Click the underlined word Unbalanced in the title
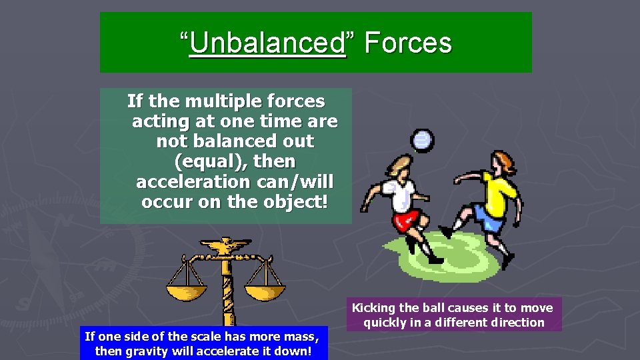[267, 43]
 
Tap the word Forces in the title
[408, 43]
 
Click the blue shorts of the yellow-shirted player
[491, 218]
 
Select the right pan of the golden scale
[265, 291]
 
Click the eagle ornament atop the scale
[227, 247]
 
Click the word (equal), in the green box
[234, 161]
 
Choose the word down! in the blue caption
[295, 351]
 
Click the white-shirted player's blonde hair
[398, 165]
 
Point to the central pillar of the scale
[227, 293]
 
